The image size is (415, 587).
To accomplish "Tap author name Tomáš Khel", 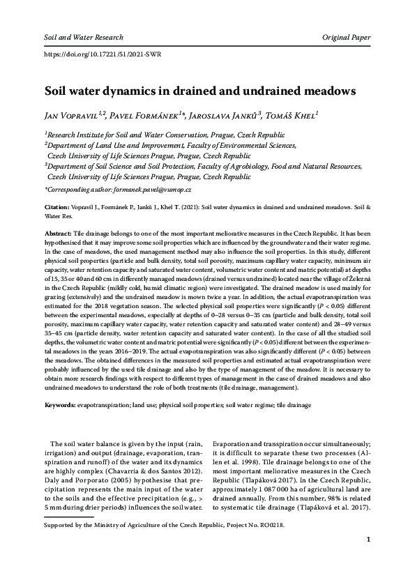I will (x=287, y=115).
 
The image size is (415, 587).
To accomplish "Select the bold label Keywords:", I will (x=61, y=404).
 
